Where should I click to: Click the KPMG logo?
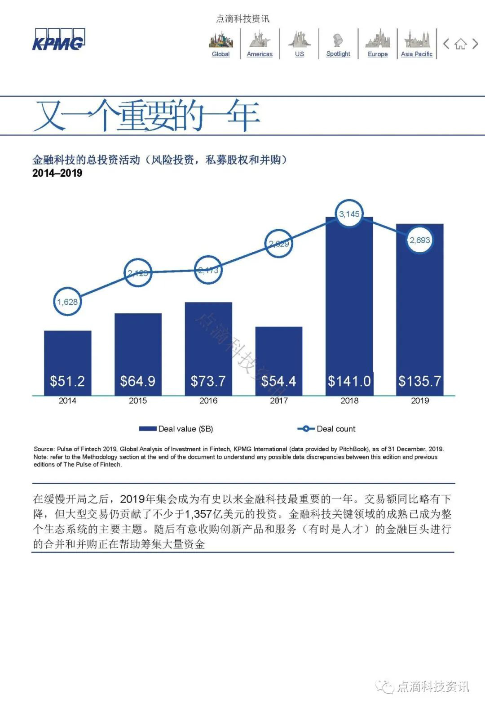click(x=58, y=40)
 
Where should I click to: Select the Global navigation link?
click(x=220, y=54)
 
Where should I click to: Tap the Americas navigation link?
click(x=260, y=54)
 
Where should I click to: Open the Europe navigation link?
click(x=378, y=54)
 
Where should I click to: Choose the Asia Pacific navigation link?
click(x=417, y=54)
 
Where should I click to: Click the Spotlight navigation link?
click(x=338, y=53)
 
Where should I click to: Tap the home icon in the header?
click(x=460, y=44)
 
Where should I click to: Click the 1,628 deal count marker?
click(x=67, y=302)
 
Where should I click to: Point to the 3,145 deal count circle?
click(x=349, y=214)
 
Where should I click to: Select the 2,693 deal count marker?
click(x=420, y=240)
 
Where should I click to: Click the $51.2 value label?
click(x=67, y=381)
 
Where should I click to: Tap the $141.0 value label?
click(x=349, y=381)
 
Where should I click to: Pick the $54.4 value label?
click(x=279, y=381)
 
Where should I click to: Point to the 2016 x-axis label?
click(x=208, y=401)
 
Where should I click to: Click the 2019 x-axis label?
click(x=420, y=401)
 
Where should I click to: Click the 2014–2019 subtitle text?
click(x=57, y=173)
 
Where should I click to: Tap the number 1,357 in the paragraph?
click(x=198, y=514)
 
